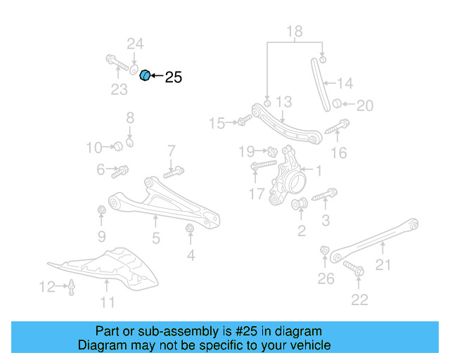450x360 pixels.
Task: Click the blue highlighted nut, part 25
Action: (x=145, y=75)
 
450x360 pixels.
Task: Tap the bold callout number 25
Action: (x=174, y=77)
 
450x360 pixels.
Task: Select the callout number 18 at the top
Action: (x=295, y=32)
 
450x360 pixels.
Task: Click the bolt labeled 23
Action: (x=117, y=63)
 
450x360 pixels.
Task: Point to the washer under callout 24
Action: (x=134, y=70)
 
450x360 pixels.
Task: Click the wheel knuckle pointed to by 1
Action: (x=288, y=177)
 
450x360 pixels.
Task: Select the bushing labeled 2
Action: (x=300, y=203)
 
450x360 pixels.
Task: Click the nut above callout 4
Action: (x=189, y=229)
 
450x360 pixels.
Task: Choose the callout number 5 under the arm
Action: (x=156, y=238)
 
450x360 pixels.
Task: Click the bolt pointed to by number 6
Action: (x=120, y=172)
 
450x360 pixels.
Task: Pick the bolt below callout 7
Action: (x=174, y=172)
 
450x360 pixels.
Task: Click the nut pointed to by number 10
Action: (x=118, y=146)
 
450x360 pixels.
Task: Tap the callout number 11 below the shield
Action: (x=108, y=302)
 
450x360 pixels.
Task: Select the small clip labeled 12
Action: (x=71, y=288)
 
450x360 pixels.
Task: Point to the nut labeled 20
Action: (x=337, y=103)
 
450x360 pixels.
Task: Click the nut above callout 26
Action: (x=325, y=250)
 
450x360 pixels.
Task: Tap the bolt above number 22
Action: (x=354, y=269)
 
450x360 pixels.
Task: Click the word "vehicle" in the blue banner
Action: (x=314, y=345)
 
